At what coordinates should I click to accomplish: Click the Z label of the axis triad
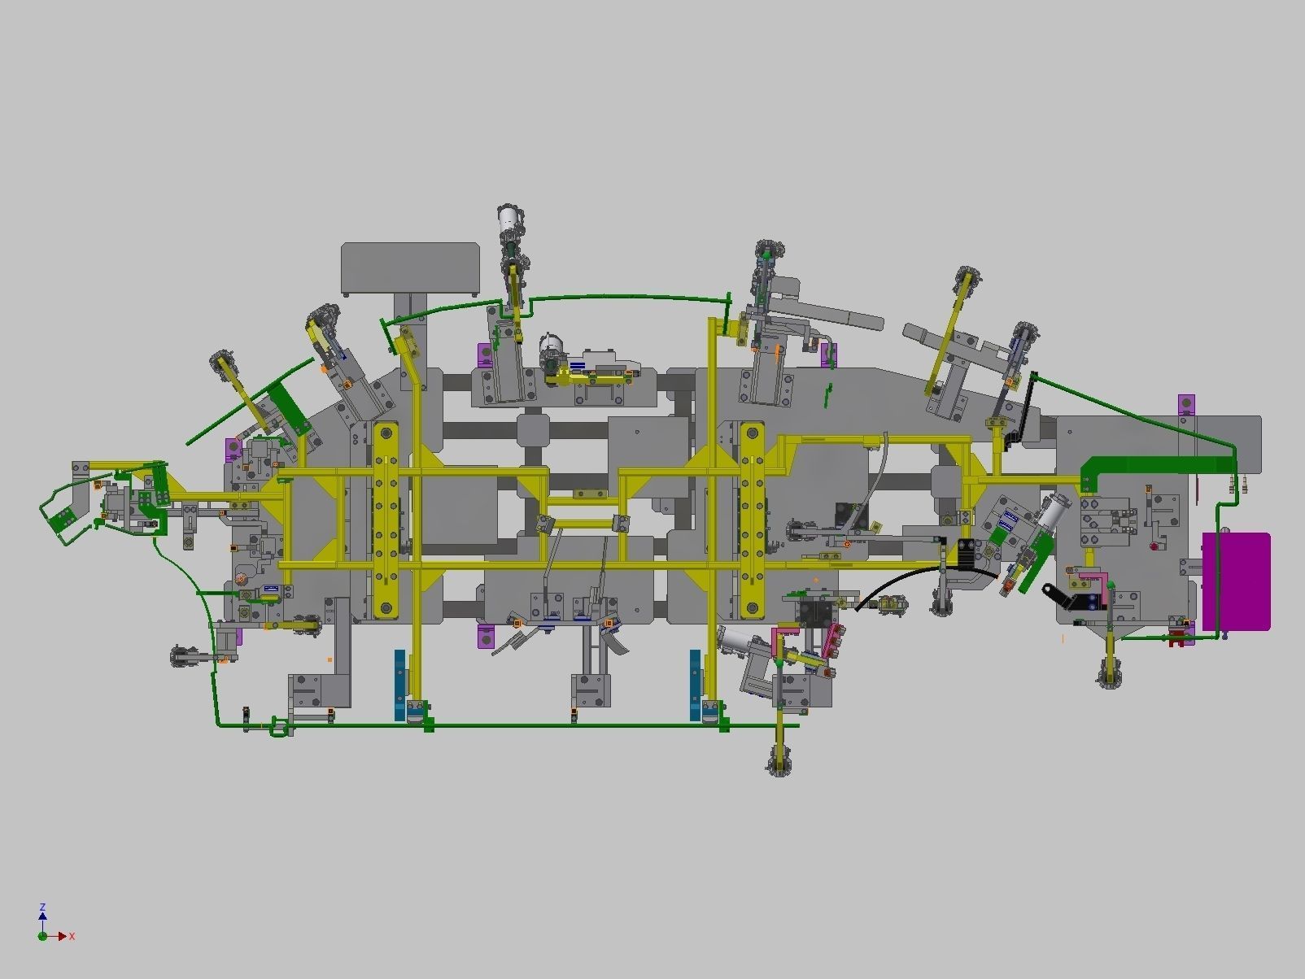(x=42, y=907)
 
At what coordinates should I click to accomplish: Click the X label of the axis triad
(x=72, y=937)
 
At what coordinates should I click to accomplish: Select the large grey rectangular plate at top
(x=410, y=268)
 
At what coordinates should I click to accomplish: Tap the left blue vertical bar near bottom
(x=399, y=684)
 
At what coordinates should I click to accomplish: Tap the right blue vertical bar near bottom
(x=696, y=684)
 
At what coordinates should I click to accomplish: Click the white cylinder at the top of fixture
(x=510, y=218)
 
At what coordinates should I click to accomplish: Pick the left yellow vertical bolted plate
(x=385, y=520)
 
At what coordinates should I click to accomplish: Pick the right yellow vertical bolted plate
(x=751, y=520)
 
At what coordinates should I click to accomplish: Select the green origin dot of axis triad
(x=42, y=937)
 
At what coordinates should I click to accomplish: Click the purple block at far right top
(x=1187, y=404)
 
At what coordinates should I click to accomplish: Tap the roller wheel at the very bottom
(x=779, y=763)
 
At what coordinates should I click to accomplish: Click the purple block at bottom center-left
(x=486, y=636)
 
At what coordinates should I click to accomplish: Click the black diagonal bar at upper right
(x=1028, y=407)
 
